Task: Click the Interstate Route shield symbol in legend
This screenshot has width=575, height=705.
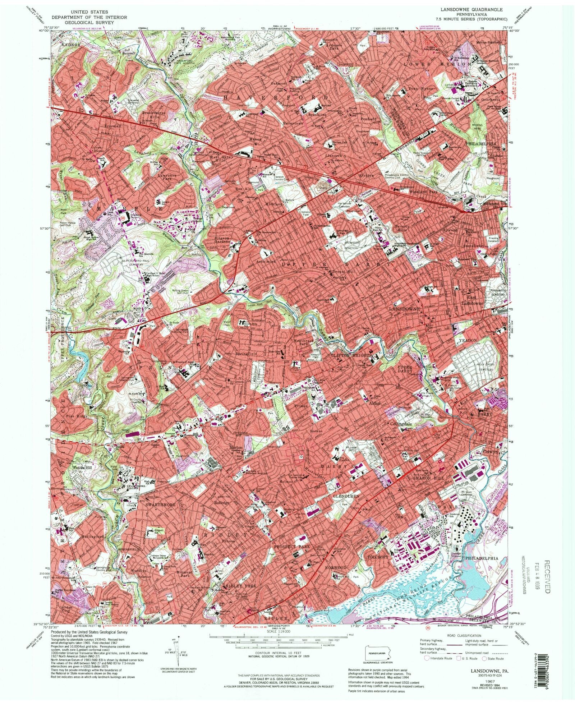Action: click(427, 659)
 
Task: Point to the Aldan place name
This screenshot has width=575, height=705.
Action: click(372, 404)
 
